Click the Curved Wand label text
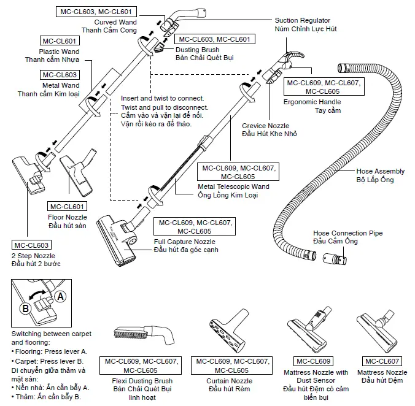(120, 22)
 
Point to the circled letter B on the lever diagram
(25, 307)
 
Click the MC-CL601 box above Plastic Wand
(59, 41)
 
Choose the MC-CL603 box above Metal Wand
(59, 74)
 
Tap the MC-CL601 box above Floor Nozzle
(67, 206)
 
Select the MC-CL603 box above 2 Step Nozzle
(30, 245)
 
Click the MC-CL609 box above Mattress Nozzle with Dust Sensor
(316, 361)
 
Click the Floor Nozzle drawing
(78, 168)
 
